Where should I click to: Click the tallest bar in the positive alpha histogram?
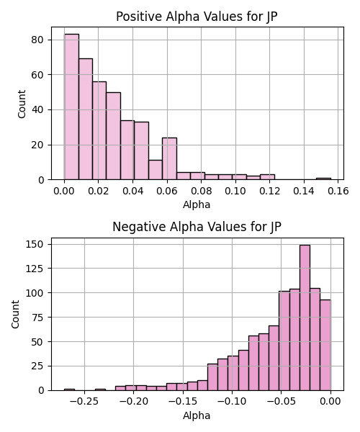71,107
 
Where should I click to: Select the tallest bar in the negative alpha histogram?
305,318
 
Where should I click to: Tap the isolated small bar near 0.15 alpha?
323,179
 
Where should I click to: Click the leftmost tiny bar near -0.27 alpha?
69,390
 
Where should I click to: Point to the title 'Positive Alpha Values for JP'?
197,17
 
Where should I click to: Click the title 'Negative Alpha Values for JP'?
197,227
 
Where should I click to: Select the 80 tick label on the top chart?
37,40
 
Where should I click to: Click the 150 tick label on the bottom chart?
35,244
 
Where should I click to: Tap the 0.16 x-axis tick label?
338,191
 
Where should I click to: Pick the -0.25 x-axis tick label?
84,402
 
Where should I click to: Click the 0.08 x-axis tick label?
201,191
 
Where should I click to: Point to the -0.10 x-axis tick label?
232,402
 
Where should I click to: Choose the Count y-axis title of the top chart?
22,104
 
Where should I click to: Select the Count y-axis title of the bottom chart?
15,315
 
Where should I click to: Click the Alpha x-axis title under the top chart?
197,204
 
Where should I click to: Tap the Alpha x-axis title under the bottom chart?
197,415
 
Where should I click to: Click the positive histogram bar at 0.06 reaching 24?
169,158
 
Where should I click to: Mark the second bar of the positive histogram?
86,119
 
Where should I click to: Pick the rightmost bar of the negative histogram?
325,345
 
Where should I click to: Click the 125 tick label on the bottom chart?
35,269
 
